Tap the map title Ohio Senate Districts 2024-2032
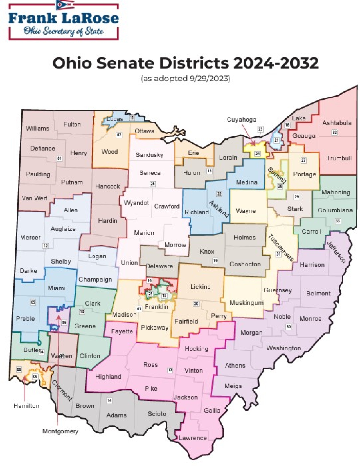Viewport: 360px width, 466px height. coord(185,63)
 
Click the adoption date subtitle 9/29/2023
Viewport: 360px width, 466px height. coord(185,78)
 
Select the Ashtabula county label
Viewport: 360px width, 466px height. coord(337,123)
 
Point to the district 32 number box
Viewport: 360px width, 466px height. coord(334,132)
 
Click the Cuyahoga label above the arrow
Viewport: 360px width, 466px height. coord(241,120)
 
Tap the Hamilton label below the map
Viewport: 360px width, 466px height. coord(26,406)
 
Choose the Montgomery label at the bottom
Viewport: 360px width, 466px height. coord(60,431)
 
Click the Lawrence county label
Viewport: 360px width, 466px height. coord(193,438)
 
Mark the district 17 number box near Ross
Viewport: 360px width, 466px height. coord(170,370)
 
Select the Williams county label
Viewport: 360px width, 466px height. coord(37,128)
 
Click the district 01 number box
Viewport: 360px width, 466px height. coord(59,159)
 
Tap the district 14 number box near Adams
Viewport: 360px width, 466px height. coord(109,400)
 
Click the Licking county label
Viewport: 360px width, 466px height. coord(200,287)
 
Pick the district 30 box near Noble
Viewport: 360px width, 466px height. coord(289,326)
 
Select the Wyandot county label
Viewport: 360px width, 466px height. coord(136,203)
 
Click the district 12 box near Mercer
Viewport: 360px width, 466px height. coord(46,246)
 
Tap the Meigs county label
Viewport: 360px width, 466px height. coord(233,386)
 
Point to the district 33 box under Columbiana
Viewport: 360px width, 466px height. coord(338,221)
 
